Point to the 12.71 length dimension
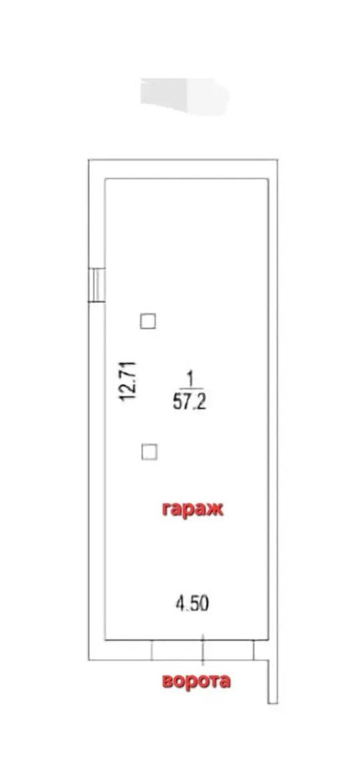point(127,382)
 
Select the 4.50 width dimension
point(192,603)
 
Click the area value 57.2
point(190,403)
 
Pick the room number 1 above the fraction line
point(190,380)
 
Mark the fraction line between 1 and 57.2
point(191,389)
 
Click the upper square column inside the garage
point(148,321)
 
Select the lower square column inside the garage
point(149,452)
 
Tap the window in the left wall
point(96,285)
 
